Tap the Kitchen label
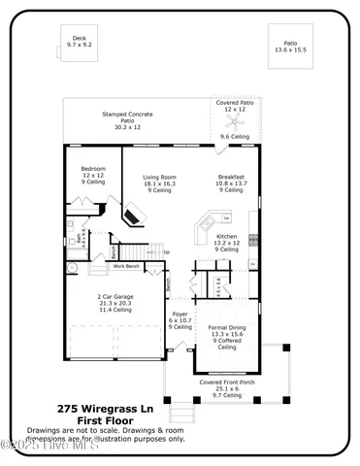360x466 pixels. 226,243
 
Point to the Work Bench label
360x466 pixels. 127,266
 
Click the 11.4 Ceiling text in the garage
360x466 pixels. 115,310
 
